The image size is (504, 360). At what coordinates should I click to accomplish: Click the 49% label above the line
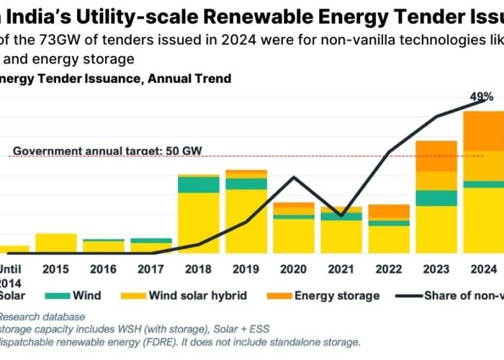coord(482,96)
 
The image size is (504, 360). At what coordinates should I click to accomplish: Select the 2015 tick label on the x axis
coord(55,269)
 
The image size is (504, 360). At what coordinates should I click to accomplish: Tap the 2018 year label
coord(199,269)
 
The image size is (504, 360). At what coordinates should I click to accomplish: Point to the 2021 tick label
coord(341,269)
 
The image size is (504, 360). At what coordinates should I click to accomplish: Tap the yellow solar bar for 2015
coord(55,243)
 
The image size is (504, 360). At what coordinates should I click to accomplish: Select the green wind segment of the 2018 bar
coord(199,184)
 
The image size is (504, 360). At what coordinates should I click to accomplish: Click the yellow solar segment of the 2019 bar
coord(246,220)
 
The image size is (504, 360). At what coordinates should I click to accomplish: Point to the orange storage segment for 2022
coord(389,211)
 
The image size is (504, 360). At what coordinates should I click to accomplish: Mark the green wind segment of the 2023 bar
coord(436,198)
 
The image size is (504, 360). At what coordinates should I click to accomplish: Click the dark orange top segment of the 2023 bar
coord(436,156)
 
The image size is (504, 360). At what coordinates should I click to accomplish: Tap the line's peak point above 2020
coord(294,177)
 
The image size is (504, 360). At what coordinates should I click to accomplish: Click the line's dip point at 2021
coord(341,215)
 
